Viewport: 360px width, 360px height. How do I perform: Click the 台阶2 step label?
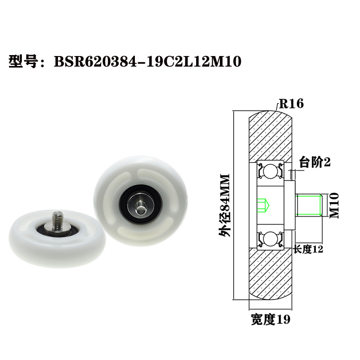pos(315,162)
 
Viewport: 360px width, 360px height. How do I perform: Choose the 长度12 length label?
pos(308,249)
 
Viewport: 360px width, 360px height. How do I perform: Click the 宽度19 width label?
pos(270,319)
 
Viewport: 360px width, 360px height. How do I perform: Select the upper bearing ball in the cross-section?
pos(270,171)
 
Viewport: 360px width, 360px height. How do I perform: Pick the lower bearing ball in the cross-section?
pos(270,238)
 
